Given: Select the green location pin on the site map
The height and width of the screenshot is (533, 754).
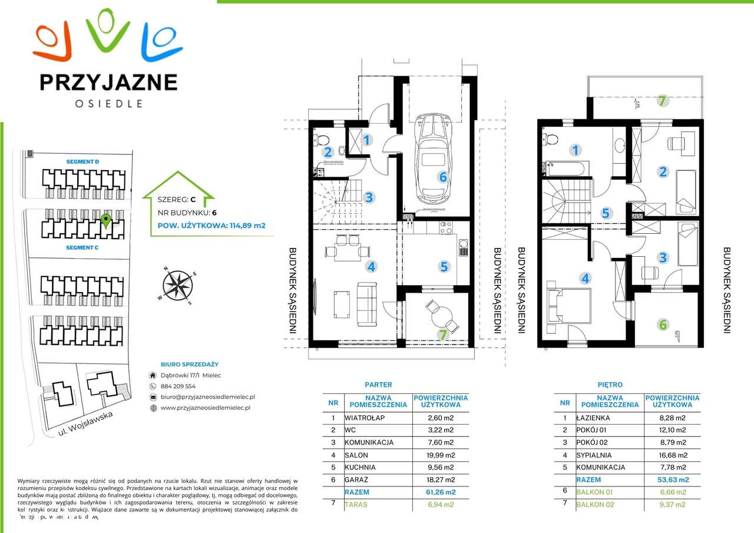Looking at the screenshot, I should click(105, 221).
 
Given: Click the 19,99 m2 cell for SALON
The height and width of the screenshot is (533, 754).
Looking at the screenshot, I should click(441, 454).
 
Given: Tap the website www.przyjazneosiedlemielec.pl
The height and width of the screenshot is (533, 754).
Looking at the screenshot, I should click(206, 408).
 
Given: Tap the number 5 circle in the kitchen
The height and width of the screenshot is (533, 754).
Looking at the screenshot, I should click(444, 266).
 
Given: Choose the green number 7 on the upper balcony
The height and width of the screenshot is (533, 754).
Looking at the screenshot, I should click(662, 101).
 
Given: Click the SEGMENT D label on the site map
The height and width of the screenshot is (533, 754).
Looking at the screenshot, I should click(82, 161).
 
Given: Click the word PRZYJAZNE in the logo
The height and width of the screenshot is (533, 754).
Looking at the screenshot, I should click(108, 82).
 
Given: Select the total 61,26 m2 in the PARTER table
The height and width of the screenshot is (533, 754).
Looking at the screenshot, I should click(441, 492).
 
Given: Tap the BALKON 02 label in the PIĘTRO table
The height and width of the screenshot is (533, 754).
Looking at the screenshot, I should click(596, 504).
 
